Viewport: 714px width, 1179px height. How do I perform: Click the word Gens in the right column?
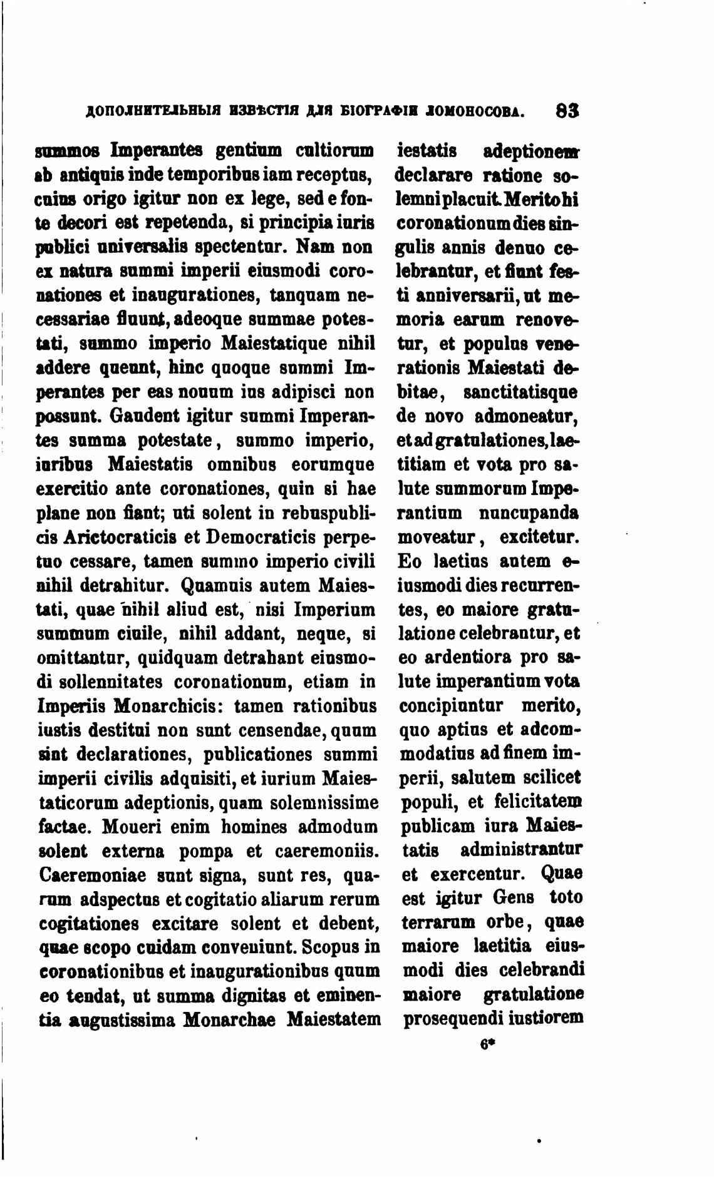pyautogui.click(x=513, y=898)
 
